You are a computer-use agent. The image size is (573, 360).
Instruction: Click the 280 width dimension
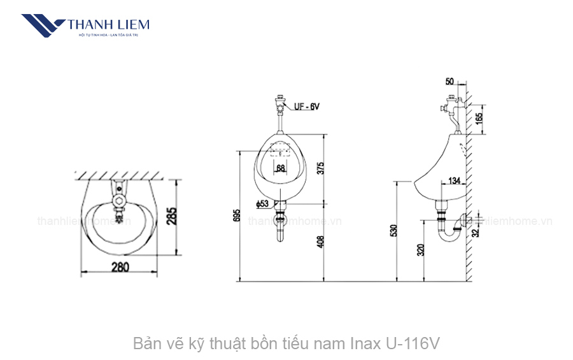pyautogui.click(x=119, y=267)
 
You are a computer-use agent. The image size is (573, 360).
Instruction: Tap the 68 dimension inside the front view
pyautogui.click(x=281, y=168)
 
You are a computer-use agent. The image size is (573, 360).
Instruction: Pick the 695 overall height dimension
pyautogui.click(x=236, y=215)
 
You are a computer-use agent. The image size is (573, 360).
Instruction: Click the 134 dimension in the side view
pyautogui.click(x=455, y=181)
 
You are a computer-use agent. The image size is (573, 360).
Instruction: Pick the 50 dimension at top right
pyautogui.click(x=450, y=82)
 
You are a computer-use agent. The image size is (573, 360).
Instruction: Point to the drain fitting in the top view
pyautogui.click(x=118, y=203)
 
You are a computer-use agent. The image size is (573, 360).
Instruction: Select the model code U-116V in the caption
pyautogui.click(x=413, y=344)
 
